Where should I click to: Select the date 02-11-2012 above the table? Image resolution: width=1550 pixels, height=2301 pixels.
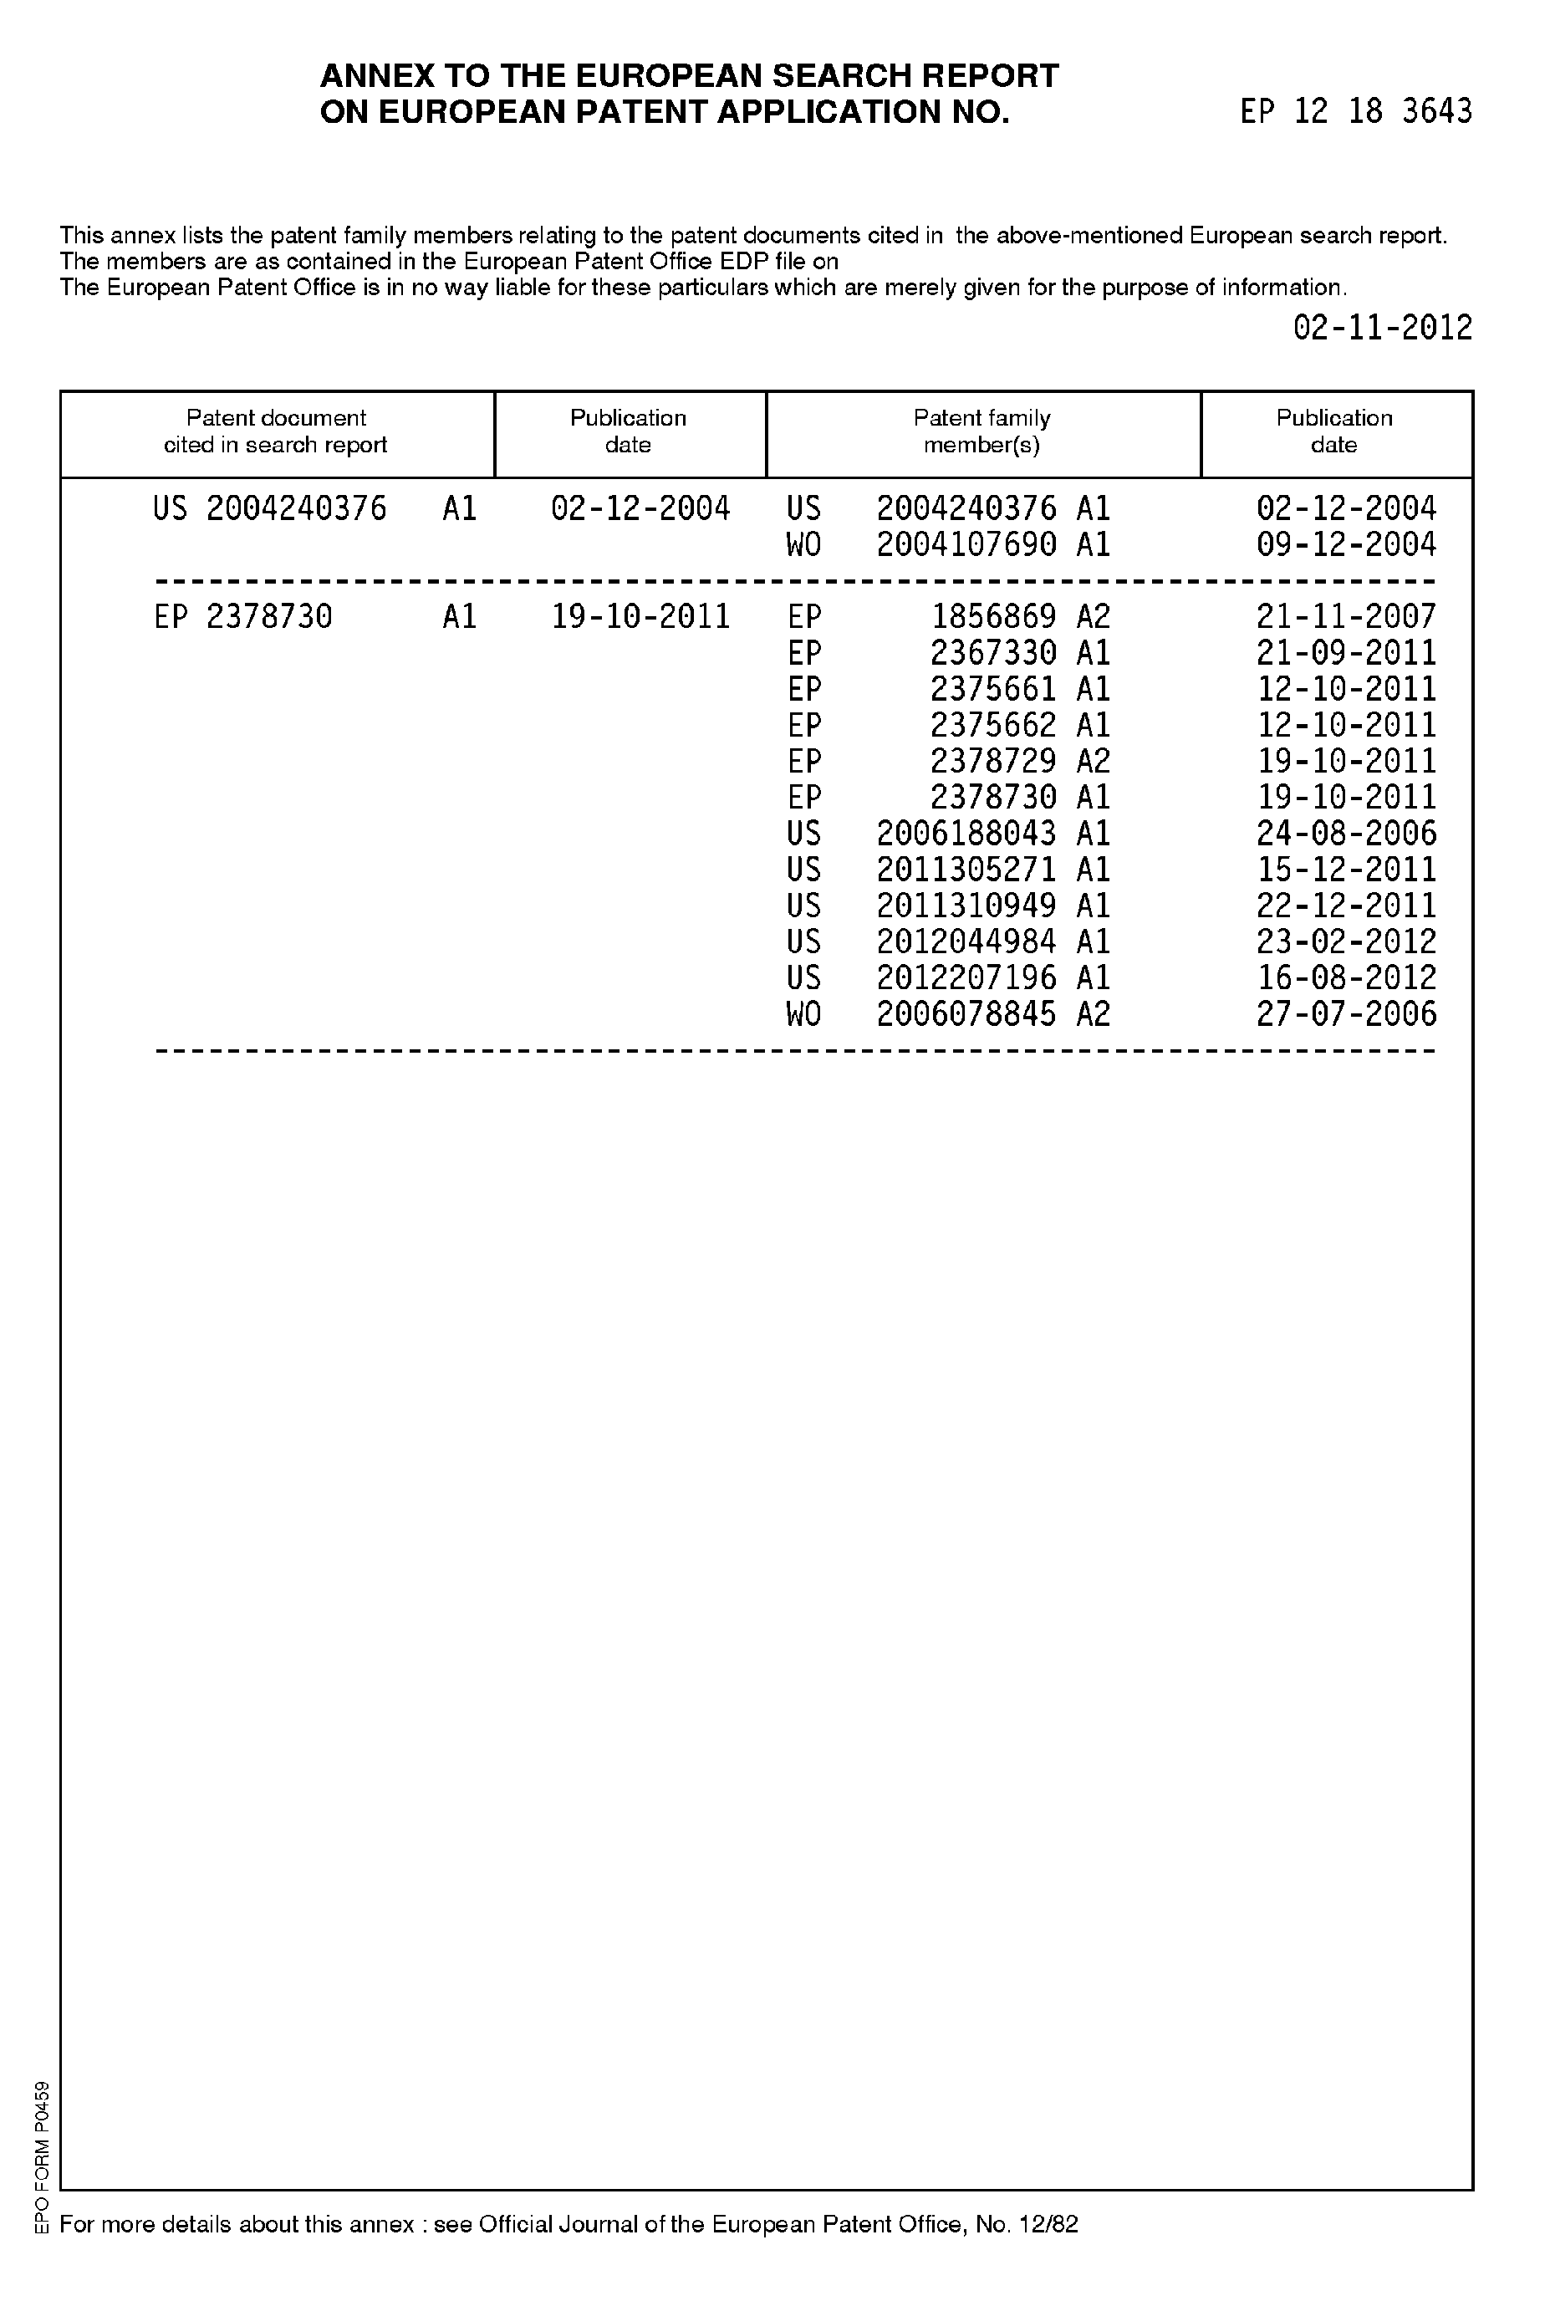(1382, 327)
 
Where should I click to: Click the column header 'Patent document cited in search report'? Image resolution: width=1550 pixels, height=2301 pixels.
(276, 432)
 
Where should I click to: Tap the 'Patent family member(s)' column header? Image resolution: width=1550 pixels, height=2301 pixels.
(981, 432)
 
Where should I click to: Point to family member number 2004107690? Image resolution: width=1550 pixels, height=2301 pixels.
(966, 544)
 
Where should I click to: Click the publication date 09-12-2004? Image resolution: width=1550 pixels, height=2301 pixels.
(1345, 544)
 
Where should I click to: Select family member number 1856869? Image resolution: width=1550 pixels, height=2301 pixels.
(992, 617)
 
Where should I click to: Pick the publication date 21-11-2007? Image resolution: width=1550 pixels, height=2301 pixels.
(1345, 617)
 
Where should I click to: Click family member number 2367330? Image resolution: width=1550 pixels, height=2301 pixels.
(992, 653)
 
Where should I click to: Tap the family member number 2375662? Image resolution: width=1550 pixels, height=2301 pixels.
(992, 726)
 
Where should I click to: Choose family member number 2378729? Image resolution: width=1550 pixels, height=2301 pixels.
(992, 761)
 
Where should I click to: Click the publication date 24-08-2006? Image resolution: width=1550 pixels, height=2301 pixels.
(1345, 834)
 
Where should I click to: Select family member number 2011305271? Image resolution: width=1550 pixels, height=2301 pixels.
(966, 870)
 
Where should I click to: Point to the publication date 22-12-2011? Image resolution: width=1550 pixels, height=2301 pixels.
(1345, 906)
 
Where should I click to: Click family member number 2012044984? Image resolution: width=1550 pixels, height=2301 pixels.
(966, 941)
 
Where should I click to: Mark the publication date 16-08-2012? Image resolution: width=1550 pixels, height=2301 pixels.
(1345, 977)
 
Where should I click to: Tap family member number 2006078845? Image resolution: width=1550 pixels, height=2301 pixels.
(966, 1014)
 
